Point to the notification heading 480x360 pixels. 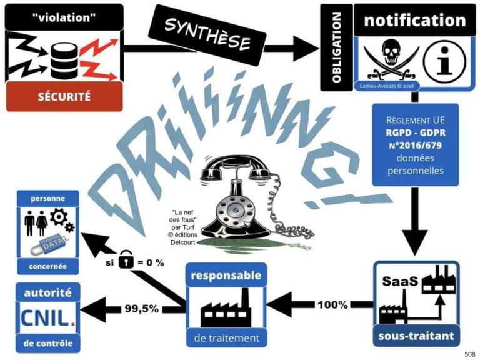tap(415, 20)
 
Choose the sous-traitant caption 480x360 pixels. tap(416, 335)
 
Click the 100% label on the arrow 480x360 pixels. tap(332, 305)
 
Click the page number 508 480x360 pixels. tap(469, 354)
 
